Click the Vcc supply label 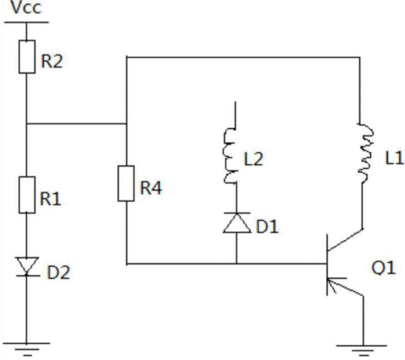[26, 7]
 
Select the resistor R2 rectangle [27, 57]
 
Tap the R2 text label [52, 61]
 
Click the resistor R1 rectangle [27, 195]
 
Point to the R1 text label [50, 199]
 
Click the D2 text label [58, 272]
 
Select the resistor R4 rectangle [126, 183]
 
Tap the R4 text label [151, 188]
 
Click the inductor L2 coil [229, 155]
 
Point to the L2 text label [253, 159]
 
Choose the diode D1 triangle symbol [236, 223]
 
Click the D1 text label [267, 226]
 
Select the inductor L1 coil [365, 153]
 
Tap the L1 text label [394, 158]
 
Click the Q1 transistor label [383, 268]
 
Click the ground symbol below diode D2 [26, 349]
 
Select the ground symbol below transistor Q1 [362, 351]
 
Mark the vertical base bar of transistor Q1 [327, 265]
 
